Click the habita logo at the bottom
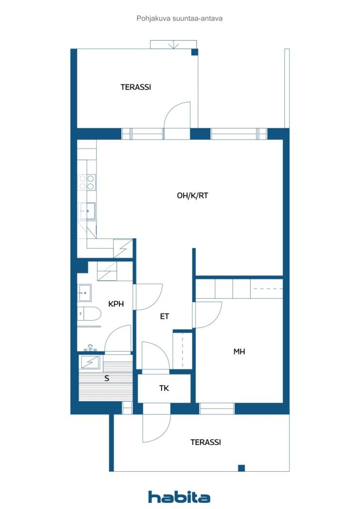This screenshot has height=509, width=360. point(179,497)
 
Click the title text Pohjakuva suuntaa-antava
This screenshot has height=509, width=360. point(180,18)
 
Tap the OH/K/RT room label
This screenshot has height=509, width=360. point(192,195)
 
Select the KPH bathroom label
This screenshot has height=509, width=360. point(116,304)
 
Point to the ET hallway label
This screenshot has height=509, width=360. point(165,316)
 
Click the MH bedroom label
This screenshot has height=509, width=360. point(239,351)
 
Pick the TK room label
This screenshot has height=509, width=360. point(164,388)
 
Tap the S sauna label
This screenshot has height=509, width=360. point(107,378)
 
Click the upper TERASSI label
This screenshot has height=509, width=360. point(136,87)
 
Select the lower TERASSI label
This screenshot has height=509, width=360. point(205,442)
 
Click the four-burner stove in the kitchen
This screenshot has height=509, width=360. point(87,182)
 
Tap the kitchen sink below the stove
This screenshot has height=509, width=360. point(87,211)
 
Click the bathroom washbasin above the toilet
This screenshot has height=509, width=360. point(85,293)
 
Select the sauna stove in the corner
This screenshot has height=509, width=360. point(90,362)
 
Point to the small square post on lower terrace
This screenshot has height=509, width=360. point(241,468)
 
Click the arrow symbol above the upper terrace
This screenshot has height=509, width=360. point(174,44)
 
